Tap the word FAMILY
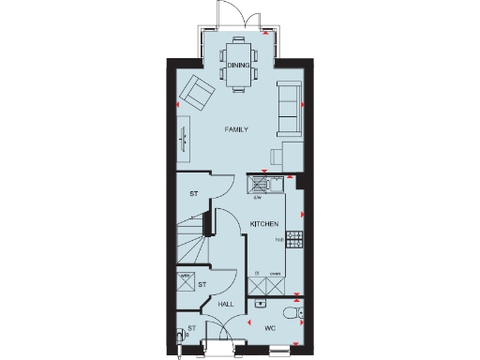click(x=235, y=128)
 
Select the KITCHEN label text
click(x=263, y=223)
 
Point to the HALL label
click(x=226, y=305)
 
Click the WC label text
click(x=269, y=328)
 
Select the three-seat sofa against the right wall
click(x=289, y=105)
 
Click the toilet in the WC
click(x=293, y=312)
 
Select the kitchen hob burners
click(x=295, y=236)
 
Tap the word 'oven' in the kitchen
click(x=276, y=274)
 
